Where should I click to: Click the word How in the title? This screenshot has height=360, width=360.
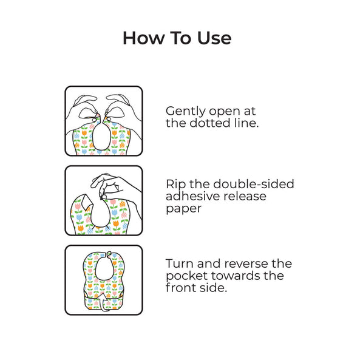pos(144,38)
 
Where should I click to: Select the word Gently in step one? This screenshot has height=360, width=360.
pos(186,112)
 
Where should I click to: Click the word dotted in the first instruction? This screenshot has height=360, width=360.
pos(210,123)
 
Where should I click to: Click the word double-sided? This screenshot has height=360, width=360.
pos(254,184)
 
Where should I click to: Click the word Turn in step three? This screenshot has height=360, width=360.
pos(179,263)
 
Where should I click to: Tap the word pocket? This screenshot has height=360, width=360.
pos(186,276)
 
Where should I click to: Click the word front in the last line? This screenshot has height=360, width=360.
pos(181,288)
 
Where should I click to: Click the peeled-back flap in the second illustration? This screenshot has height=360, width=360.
pos(87,203)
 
